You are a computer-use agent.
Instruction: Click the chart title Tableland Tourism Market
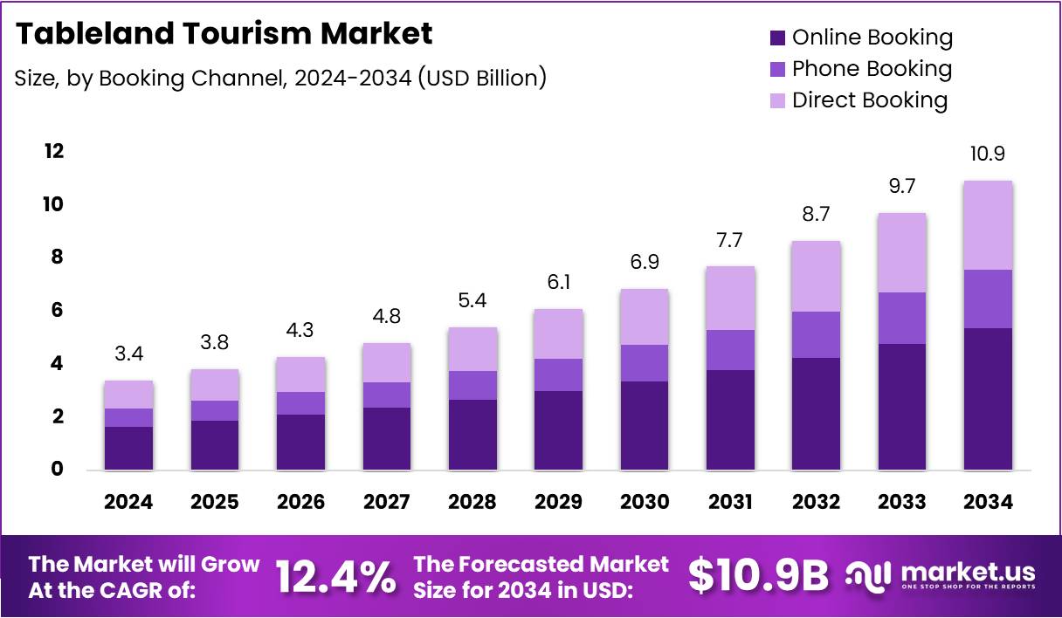click(224, 33)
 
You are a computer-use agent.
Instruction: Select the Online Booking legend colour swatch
click(777, 38)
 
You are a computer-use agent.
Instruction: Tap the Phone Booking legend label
click(872, 69)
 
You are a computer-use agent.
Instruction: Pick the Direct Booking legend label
click(869, 100)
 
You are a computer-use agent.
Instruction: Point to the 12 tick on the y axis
click(54, 151)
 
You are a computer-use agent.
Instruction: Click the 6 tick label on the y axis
click(55, 311)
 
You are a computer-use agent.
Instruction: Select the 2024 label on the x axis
click(128, 502)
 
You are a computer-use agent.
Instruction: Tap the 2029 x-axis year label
click(559, 502)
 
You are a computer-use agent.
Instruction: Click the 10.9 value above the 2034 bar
click(988, 154)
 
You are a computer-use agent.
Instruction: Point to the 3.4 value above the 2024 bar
click(128, 354)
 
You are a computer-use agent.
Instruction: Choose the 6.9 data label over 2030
click(645, 263)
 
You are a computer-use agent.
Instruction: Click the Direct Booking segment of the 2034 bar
click(988, 225)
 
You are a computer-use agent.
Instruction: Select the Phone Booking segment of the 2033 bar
click(902, 318)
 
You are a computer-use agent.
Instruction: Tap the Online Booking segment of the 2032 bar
click(816, 414)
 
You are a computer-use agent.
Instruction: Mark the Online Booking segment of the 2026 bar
click(300, 442)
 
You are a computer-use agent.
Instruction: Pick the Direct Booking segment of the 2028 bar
click(472, 349)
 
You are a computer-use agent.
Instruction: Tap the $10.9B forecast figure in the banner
click(757, 575)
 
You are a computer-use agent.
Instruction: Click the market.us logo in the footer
click(941, 575)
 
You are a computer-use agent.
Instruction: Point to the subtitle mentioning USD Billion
click(280, 78)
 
